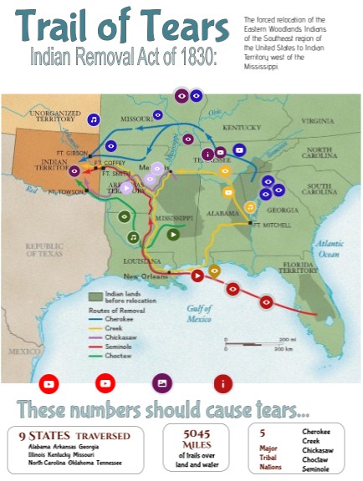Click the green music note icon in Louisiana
[x=133, y=237]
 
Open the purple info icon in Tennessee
[x=207, y=154]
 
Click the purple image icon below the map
[x=161, y=383]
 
